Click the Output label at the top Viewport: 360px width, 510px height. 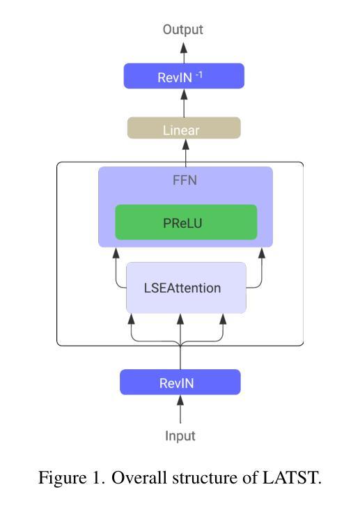(x=182, y=29)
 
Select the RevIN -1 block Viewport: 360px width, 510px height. (x=184, y=76)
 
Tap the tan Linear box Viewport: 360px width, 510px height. (x=184, y=127)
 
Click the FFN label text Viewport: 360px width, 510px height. (x=185, y=180)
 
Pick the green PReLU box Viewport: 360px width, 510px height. (x=186, y=222)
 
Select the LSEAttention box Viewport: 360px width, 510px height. (x=186, y=288)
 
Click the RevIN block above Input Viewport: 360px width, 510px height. (x=180, y=382)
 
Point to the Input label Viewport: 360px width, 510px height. (x=180, y=436)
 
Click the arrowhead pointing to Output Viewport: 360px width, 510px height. (x=184, y=48)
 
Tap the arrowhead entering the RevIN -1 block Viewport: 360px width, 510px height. (x=184, y=94)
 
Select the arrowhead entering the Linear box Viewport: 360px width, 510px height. (x=186, y=144)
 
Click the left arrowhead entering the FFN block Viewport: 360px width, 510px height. (x=116, y=253)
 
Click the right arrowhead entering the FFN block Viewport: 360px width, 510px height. (x=262, y=253)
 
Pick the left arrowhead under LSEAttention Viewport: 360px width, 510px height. (x=132, y=319)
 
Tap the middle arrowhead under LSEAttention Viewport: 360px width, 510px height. (x=180, y=319)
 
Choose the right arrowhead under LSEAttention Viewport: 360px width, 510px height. (x=223, y=319)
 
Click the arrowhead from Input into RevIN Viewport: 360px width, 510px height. (x=180, y=401)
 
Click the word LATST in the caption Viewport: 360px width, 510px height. (x=292, y=477)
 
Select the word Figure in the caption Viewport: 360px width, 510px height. (x=63, y=478)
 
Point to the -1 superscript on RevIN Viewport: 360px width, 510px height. (x=198, y=75)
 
